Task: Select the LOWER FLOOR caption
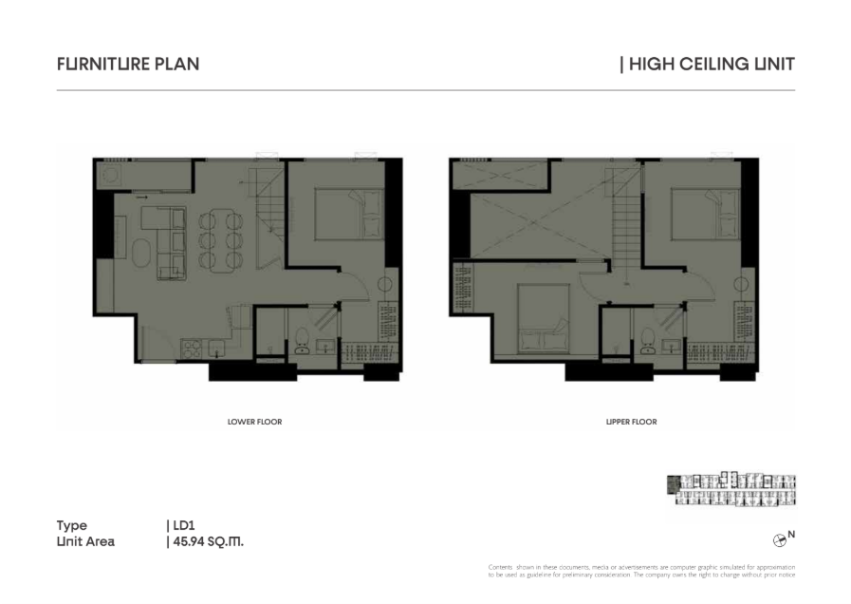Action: pos(254,422)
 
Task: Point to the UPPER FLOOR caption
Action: pos(631,422)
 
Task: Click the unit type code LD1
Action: pos(184,525)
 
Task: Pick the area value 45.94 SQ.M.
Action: pos(209,541)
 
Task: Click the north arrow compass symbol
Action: pos(779,540)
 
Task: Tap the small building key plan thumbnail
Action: pos(731,489)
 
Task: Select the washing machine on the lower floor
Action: pos(112,176)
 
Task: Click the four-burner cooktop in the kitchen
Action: pos(192,349)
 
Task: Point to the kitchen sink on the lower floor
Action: pos(217,349)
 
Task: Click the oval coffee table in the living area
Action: pos(141,254)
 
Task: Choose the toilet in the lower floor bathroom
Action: pos(302,341)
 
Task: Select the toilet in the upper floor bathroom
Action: pos(647,341)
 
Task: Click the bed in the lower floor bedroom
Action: pos(349,213)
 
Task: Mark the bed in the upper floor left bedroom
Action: pos(543,318)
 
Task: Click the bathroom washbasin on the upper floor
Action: pos(672,346)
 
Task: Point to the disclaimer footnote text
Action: pos(641,571)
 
